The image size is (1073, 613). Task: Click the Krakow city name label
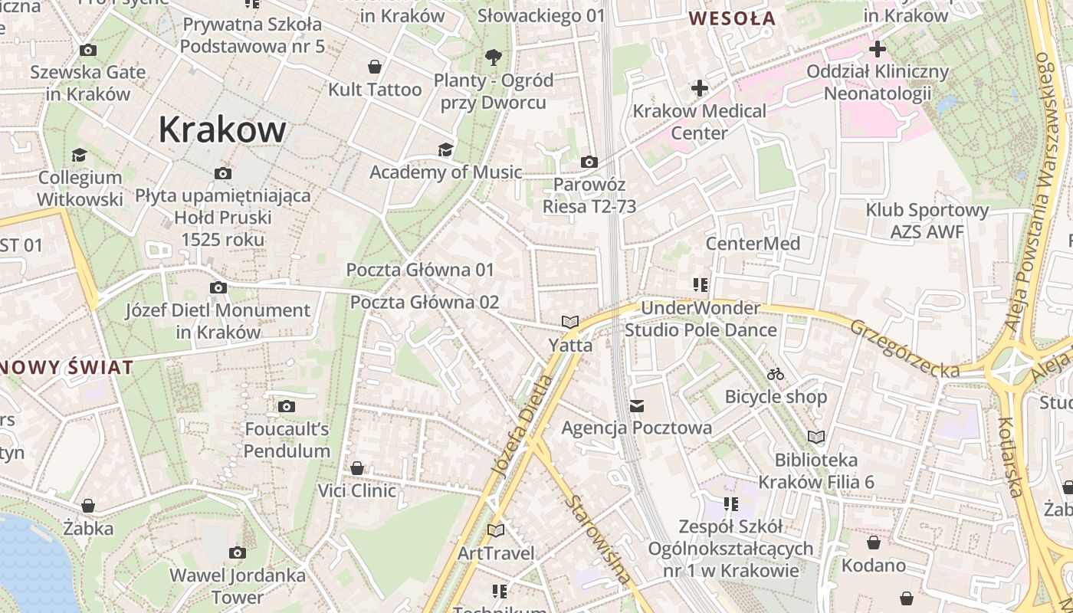222,129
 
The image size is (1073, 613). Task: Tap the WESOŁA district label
732,18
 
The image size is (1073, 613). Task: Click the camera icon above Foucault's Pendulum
287,406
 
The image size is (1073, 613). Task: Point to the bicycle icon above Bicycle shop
776,374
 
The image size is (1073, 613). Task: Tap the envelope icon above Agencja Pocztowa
636,405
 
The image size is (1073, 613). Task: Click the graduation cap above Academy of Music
445,149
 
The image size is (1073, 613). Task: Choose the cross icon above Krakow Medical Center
699,88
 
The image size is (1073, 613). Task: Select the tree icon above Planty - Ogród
493,57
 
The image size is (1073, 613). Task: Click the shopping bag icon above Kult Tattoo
375,67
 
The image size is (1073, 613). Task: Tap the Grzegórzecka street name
904,349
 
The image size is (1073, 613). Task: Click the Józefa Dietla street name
521,425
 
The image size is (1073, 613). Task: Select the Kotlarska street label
1011,457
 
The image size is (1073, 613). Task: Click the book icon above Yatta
569,323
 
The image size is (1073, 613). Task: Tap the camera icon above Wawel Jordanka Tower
237,552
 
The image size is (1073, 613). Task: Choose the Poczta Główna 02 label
425,302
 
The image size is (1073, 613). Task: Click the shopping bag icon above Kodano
873,543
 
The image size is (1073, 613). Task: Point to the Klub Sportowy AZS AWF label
927,221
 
